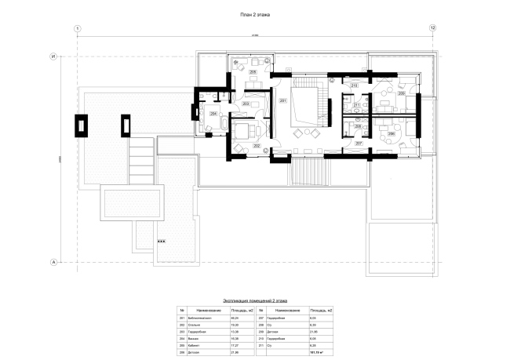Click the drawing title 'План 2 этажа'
coord(256,15)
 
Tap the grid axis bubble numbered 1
coord(78,28)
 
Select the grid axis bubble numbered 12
coord(432,28)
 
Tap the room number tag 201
coord(282,101)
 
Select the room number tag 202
coord(256,146)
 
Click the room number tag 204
coord(213,113)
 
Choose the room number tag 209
coord(401,93)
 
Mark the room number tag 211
coord(356,105)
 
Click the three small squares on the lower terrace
coord(162,242)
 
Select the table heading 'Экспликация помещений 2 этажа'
coord(256,300)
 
